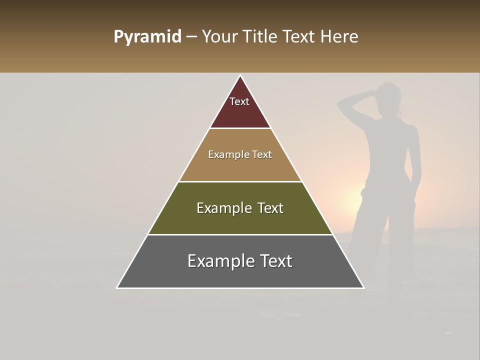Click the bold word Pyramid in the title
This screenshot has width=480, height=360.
pyautogui.click(x=147, y=37)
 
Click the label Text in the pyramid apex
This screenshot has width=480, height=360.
pyautogui.click(x=239, y=101)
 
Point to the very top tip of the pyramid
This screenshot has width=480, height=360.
pyautogui.click(x=240, y=76)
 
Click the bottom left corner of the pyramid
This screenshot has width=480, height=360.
pyautogui.click(x=117, y=287)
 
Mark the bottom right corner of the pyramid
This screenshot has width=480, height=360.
pyautogui.click(x=363, y=287)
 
